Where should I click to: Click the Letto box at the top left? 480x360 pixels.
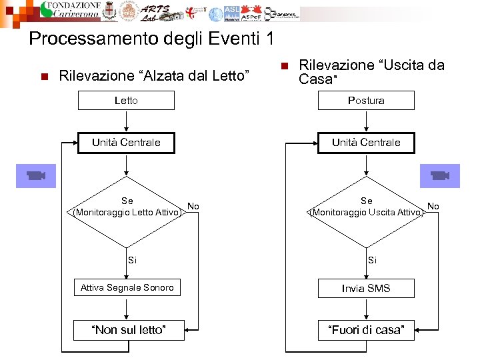coord(126,101)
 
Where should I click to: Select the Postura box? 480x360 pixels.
coord(366,101)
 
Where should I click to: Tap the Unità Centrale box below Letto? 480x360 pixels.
coord(126,143)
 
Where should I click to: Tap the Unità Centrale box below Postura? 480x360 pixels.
coord(366,143)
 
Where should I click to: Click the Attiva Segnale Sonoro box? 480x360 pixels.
coord(127,288)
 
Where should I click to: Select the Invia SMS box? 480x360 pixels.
coord(366,288)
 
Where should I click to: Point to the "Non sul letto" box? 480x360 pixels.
coord(127,330)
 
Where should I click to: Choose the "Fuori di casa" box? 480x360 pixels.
coord(366,330)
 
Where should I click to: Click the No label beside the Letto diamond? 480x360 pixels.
coord(193,206)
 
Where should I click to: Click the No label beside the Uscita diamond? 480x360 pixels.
coord(433,206)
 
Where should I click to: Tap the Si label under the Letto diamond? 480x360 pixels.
coord(133,260)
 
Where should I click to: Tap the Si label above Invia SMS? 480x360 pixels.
coord(372,260)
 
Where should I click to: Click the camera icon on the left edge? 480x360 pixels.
coord(35,175)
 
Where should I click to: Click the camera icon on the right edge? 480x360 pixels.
coord(439,175)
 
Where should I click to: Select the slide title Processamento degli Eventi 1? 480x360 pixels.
coord(151,39)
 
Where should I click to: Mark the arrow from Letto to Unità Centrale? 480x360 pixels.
coord(126,121)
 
